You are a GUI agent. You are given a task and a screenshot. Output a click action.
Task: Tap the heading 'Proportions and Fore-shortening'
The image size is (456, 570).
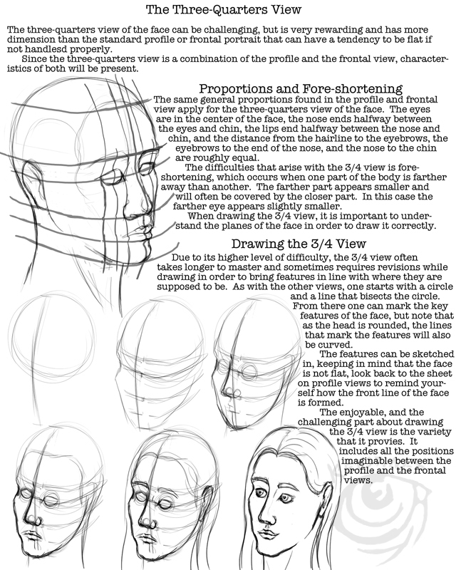pyautogui.click(x=301, y=88)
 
